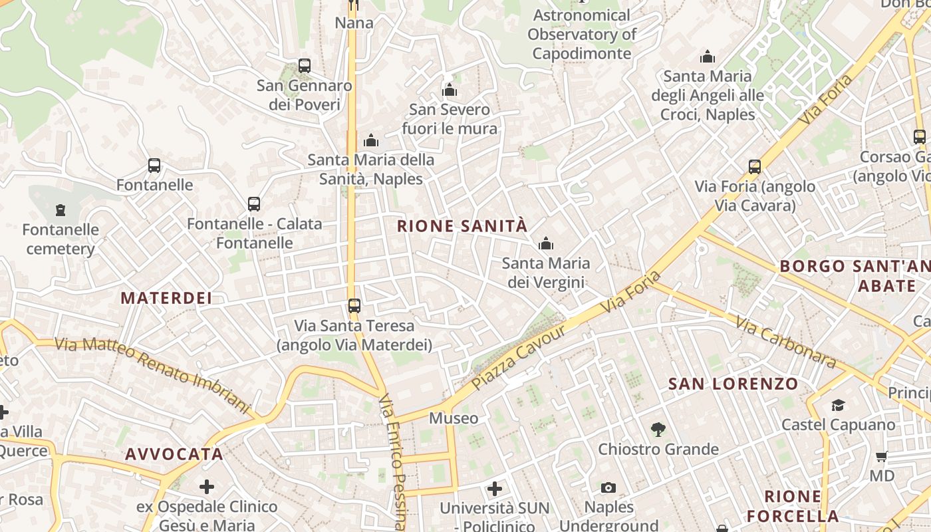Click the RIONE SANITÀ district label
[462, 226]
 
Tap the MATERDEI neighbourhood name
[166, 298]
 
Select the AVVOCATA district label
[174, 454]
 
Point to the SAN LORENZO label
[733, 384]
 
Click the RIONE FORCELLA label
[793, 506]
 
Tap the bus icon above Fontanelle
[154, 166]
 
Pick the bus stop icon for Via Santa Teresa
[354, 306]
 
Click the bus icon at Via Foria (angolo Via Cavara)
[755, 167]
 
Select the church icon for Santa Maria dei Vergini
[546, 244]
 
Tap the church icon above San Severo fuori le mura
[450, 90]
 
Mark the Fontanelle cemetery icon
[61, 211]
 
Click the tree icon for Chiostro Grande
[658, 430]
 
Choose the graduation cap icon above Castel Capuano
[838, 405]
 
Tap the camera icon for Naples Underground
[608, 488]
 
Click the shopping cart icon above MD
[882, 457]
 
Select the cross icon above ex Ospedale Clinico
[207, 487]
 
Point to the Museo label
[454, 418]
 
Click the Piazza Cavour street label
[518, 358]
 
